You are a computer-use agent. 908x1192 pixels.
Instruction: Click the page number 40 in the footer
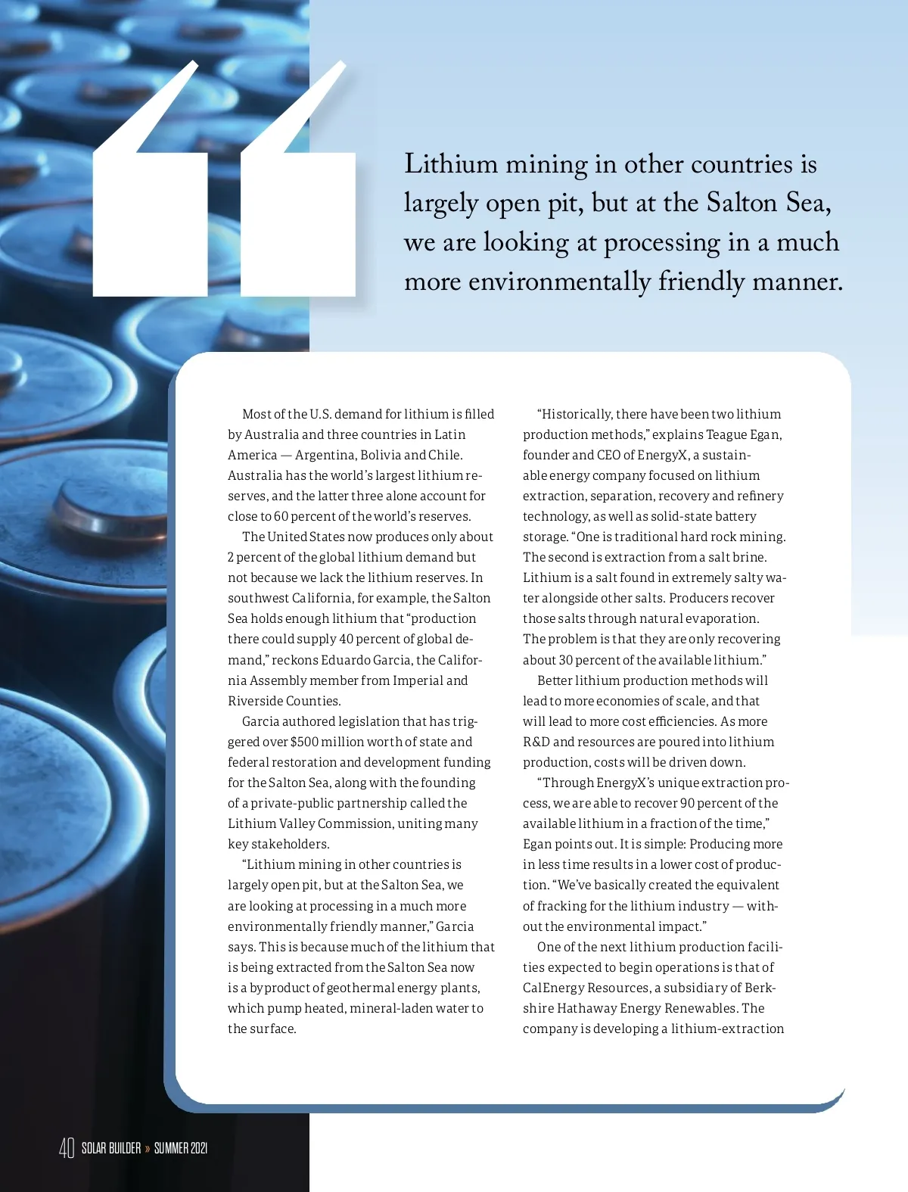pos(67,1148)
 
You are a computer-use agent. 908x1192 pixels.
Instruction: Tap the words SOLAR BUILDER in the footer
pos(111,1148)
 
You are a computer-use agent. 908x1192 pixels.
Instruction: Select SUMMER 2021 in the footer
pos(181,1148)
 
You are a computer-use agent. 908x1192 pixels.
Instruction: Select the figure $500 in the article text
pos(304,742)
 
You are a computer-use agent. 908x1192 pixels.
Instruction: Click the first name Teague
pos(726,434)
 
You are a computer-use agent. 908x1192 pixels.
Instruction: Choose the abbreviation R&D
pos(536,742)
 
